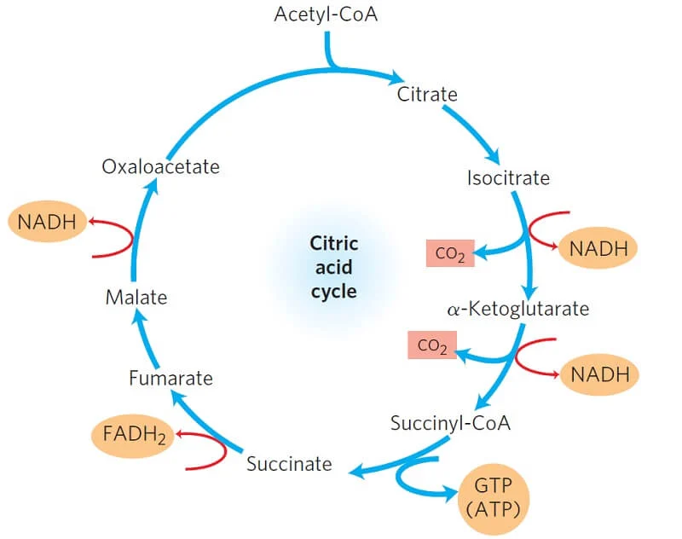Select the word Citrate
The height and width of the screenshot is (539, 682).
[427, 93]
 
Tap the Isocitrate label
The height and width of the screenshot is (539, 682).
[508, 178]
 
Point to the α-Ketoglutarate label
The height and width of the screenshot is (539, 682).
[517, 308]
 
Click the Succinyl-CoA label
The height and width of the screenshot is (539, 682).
[450, 422]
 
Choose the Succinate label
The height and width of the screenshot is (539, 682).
[289, 464]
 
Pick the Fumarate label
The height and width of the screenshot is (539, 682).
[170, 377]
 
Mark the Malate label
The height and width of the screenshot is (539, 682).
[136, 298]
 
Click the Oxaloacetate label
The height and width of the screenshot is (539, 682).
[160, 166]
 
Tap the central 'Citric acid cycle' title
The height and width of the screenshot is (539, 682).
[333, 267]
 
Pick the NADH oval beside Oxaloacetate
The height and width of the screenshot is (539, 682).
[48, 223]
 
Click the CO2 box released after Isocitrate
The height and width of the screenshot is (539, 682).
[450, 253]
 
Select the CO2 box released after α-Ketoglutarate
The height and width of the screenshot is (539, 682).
[431, 345]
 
